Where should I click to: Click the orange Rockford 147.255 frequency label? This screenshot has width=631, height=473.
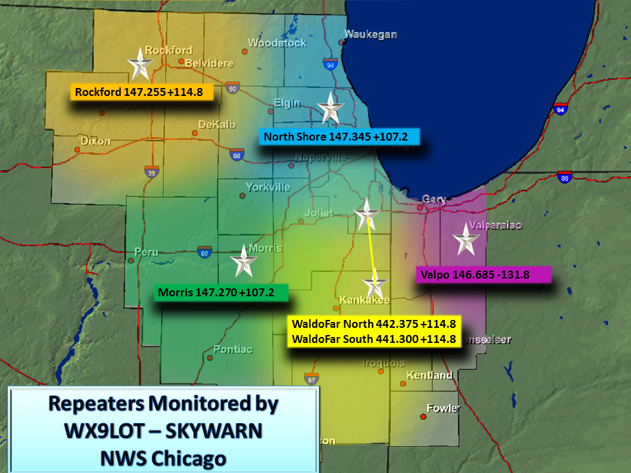pos(141,92)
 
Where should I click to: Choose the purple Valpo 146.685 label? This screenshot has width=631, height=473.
pos(482,275)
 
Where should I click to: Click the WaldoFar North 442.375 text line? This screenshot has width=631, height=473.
pos(374,324)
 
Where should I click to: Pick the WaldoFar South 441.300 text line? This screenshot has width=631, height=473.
pos(374,339)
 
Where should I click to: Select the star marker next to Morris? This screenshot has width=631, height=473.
pos(243,262)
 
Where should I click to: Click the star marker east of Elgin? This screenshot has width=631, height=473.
pos(330,108)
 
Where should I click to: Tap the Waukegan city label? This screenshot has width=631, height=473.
pos(371,34)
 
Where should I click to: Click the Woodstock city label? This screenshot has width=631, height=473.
pos(277,43)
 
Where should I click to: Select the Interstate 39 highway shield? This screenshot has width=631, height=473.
pos(152,171)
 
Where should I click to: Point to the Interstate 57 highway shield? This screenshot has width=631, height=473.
pos(311,378)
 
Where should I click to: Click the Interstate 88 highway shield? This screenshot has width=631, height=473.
pos(237,155)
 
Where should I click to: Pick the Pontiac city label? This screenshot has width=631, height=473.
pos(233,349)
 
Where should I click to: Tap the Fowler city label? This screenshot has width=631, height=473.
pos(443,408)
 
